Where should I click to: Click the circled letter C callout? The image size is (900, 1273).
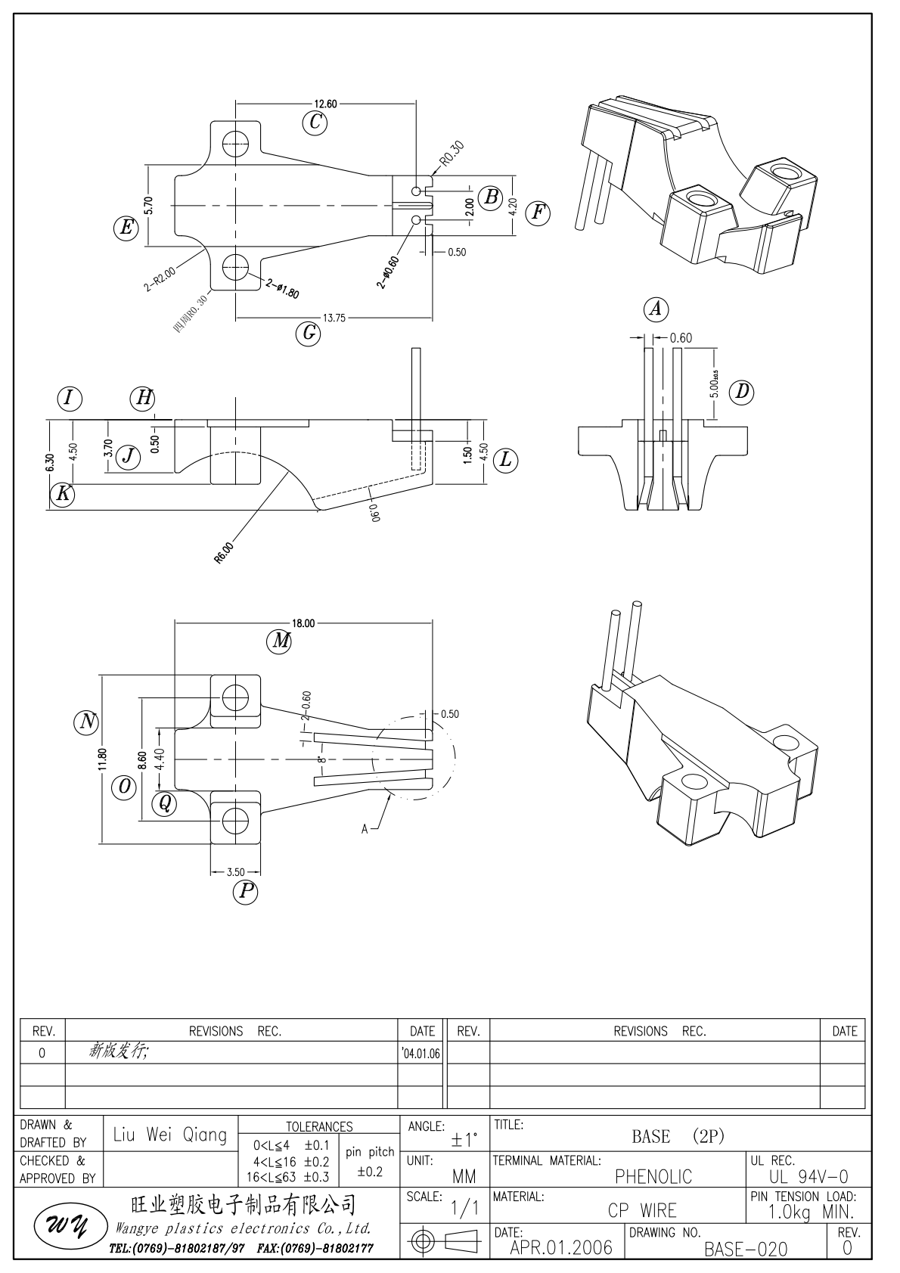pyautogui.click(x=315, y=123)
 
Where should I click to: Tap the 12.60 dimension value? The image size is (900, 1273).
pyautogui.click(x=326, y=104)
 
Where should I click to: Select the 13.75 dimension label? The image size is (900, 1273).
pyautogui.click(x=334, y=318)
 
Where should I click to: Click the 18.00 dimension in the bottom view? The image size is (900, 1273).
pyautogui.click(x=303, y=624)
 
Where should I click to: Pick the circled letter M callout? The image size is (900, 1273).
pyautogui.click(x=280, y=641)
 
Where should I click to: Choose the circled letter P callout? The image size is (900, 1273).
pyautogui.click(x=245, y=892)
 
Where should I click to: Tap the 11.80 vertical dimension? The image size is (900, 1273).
pyautogui.click(x=102, y=759)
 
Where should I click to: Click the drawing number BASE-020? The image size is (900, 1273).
pyautogui.click(x=746, y=1249)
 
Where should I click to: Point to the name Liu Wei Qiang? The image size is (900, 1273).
pyautogui.click(x=169, y=1135)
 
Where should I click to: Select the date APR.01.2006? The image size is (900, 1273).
pyautogui.click(x=560, y=1247)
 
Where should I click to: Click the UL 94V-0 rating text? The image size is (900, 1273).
pyautogui.click(x=808, y=1176)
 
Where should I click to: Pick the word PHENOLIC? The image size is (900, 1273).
pyautogui.click(x=653, y=1176)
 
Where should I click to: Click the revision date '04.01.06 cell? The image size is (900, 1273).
pyautogui.click(x=422, y=1053)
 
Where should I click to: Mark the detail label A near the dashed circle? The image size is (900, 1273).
pyautogui.click(x=365, y=829)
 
